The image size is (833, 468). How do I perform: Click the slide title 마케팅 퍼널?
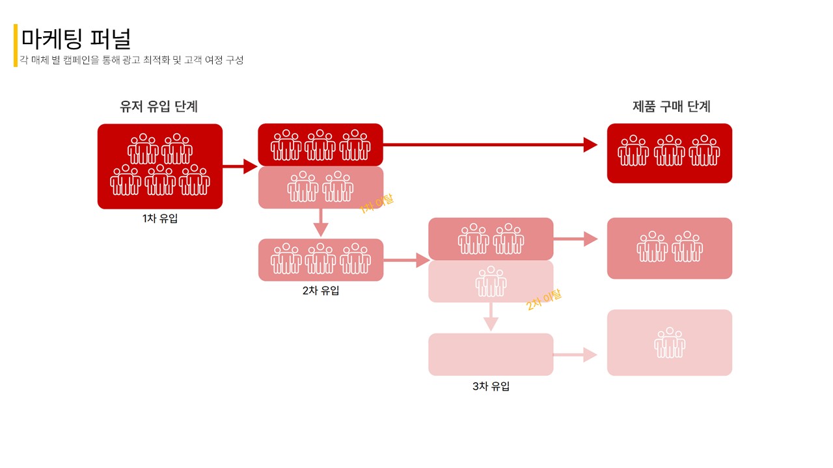76,39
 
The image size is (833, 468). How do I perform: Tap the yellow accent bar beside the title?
16,45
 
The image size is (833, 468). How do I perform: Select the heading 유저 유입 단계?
159,107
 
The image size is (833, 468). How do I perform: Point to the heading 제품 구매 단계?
672,107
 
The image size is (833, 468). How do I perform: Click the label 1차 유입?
160,219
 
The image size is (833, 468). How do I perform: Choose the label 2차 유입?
321,291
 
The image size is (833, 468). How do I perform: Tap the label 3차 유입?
491,386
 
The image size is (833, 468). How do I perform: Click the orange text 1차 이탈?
377,204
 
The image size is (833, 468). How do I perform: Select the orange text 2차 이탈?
544,300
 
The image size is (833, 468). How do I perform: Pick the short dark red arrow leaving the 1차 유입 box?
240,166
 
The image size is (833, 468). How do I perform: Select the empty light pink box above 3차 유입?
491,354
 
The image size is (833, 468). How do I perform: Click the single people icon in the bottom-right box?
670,343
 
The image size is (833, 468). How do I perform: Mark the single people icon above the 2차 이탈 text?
491,281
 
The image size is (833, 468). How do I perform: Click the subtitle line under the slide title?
131,60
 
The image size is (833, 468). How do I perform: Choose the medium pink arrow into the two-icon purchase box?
575,239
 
